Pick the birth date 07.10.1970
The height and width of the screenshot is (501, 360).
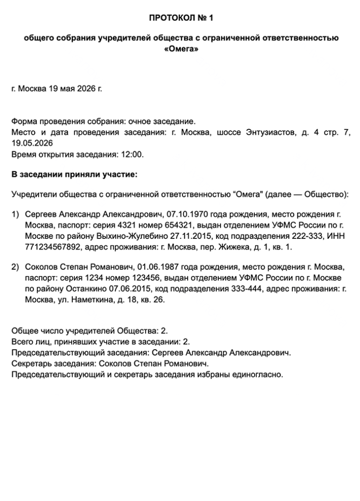pyautogui.click(x=185, y=215)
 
